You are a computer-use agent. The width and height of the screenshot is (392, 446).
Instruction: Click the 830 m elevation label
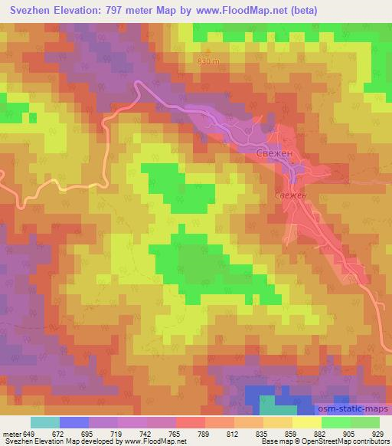pyautogui.click(x=208, y=61)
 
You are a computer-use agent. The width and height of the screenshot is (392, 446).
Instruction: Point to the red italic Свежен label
pyautogui.click(x=291, y=196)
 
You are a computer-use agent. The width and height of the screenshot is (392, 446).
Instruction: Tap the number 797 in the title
pyautogui.click(x=115, y=11)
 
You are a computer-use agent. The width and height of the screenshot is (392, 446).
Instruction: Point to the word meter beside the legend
pyautogui.click(x=12, y=434)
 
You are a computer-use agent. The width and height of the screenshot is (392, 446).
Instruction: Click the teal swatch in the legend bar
pyautogui.click(x=44, y=422)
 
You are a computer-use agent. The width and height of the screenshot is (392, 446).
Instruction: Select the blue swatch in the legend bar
pyautogui.click(x=73, y=422)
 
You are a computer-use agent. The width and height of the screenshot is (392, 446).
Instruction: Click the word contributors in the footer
pyautogui.click(x=371, y=442)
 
